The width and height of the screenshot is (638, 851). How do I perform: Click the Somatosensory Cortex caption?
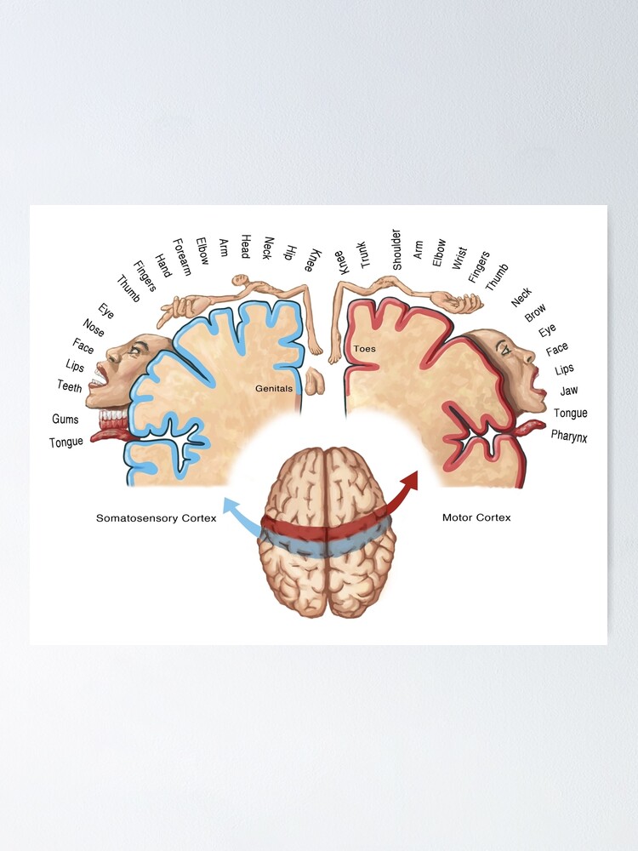[156, 517]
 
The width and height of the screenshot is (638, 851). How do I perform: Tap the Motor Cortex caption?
[476, 517]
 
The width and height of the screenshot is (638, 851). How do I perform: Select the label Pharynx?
[569, 436]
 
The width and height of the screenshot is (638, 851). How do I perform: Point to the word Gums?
[66, 420]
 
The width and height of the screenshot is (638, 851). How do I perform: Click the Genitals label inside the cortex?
[274, 388]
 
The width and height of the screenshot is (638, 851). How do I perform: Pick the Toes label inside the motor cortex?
[364, 349]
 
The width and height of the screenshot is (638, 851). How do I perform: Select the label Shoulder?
[396, 249]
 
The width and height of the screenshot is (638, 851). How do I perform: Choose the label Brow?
[535, 313]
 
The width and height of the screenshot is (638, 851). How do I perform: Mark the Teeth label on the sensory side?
[69, 386]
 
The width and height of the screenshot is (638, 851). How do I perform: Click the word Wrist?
[459, 258]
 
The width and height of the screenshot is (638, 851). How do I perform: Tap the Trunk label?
[363, 254]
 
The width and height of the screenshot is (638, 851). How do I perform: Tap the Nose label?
[94, 327]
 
